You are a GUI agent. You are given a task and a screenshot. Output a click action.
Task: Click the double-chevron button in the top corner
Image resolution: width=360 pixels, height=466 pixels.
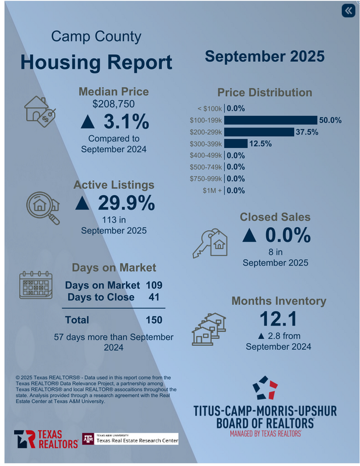click(348, 11)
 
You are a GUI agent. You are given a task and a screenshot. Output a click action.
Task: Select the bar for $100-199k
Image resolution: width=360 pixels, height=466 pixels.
click(270, 120)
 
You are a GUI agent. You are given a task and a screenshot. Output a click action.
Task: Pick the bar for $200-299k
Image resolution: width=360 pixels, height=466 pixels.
click(259, 132)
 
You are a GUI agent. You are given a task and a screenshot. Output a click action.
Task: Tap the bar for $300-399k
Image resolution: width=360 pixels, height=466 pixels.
click(236, 143)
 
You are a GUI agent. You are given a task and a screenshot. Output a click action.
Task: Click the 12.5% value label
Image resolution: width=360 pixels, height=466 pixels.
click(260, 143)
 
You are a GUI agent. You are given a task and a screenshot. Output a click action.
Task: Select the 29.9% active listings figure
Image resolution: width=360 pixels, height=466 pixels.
click(115, 203)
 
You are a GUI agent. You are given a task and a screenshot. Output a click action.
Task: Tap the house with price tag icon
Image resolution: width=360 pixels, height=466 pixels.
click(40, 110)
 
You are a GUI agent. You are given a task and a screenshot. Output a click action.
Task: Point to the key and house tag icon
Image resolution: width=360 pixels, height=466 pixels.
click(209, 242)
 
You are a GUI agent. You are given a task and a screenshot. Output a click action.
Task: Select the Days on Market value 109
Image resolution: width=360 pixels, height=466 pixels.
click(154, 285)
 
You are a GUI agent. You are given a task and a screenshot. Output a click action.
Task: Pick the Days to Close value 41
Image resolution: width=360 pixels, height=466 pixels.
click(154, 298)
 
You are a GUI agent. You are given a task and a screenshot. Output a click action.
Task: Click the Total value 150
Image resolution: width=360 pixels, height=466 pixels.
click(154, 320)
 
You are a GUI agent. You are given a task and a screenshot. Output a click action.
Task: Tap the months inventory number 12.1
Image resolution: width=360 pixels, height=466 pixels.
click(278, 319)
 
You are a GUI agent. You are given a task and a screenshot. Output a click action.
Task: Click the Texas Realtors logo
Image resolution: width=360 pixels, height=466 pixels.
click(45, 439)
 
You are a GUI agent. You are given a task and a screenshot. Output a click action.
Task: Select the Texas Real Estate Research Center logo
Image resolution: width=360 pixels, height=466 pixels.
click(129, 439)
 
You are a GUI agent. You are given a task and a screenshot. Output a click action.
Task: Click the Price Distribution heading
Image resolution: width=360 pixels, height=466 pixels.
click(264, 93)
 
